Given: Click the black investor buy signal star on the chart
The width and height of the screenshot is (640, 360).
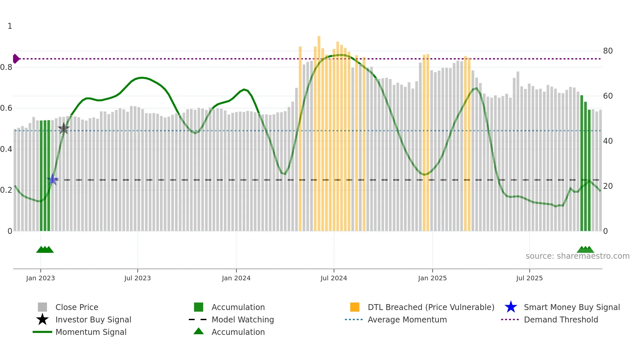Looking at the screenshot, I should [x=64, y=128].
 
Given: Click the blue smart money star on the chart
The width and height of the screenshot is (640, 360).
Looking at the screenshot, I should [x=53, y=179].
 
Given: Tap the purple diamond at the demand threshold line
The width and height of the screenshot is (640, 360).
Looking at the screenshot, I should [x=16, y=59].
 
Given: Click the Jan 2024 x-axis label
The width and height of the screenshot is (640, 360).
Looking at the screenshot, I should [x=236, y=278].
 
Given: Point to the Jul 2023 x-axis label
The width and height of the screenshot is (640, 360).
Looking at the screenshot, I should [x=137, y=278].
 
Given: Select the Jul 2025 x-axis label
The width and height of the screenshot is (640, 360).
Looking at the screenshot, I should [x=529, y=278].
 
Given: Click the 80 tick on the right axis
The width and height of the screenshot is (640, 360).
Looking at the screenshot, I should [x=608, y=51].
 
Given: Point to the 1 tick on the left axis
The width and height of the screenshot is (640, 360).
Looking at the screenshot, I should [x=10, y=26].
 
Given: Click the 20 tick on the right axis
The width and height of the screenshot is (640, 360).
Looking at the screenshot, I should [x=608, y=186].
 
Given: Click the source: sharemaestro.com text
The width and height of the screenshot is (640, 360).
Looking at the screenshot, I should [x=577, y=256].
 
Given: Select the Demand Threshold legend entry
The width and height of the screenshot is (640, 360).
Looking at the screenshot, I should [x=561, y=319].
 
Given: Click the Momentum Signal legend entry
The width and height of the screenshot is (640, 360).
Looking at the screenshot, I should [x=91, y=332].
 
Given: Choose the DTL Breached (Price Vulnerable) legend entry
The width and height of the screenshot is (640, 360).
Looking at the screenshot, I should [x=431, y=307].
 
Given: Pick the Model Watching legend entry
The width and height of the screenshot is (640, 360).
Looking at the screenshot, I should [x=243, y=319].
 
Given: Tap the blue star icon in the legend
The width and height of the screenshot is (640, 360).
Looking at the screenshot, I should [x=511, y=307].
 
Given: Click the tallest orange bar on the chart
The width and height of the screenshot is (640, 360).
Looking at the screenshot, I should [x=319, y=131].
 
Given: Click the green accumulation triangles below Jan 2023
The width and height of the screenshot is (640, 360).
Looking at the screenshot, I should [x=45, y=250].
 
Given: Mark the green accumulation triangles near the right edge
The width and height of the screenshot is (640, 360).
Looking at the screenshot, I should [x=585, y=250].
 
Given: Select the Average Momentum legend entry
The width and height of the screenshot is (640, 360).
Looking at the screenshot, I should [x=407, y=319].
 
